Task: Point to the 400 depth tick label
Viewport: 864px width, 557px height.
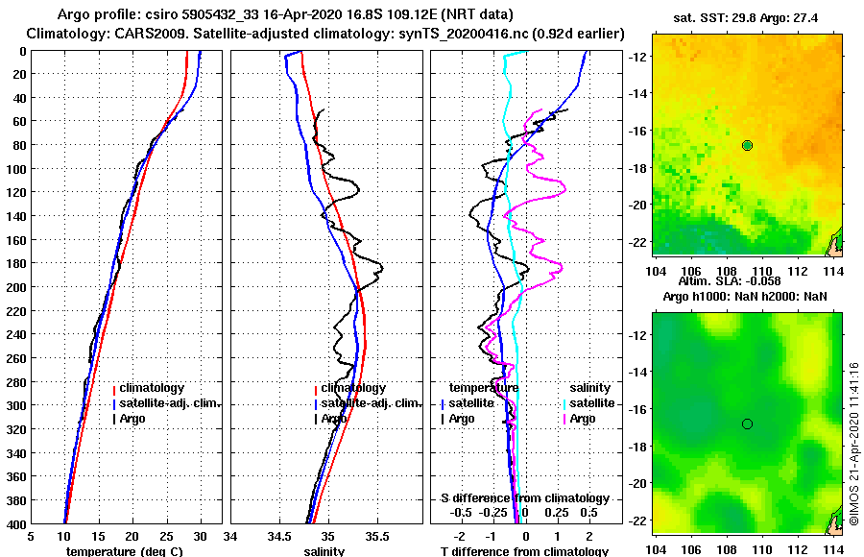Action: (16, 523)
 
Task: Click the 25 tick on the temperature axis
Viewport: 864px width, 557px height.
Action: (165, 537)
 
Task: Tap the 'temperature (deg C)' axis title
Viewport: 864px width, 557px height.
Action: (124, 551)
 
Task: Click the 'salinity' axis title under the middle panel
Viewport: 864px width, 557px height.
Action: (324, 551)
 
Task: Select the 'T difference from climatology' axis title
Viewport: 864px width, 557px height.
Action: (524, 551)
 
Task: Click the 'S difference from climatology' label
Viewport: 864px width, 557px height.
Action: (524, 498)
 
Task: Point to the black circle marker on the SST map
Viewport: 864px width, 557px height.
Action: (747, 145)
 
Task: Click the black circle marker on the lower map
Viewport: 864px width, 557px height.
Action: (747, 424)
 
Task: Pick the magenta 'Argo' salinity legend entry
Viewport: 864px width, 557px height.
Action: (582, 419)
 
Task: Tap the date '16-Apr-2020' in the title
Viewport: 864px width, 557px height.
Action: (285, 15)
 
